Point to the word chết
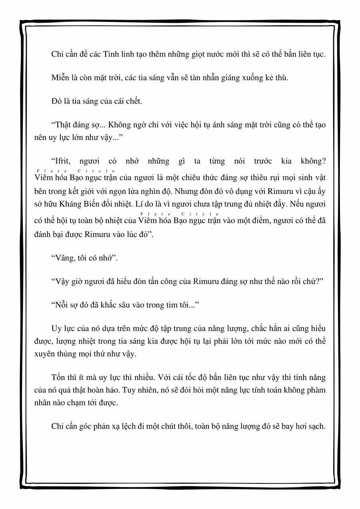pyautogui.click(x=134, y=101)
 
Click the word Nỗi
pyautogui.click(x=60, y=305)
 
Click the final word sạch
pyautogui.click(x=317, y=426)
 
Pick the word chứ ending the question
pyautogui.click(x=314, y=281)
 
